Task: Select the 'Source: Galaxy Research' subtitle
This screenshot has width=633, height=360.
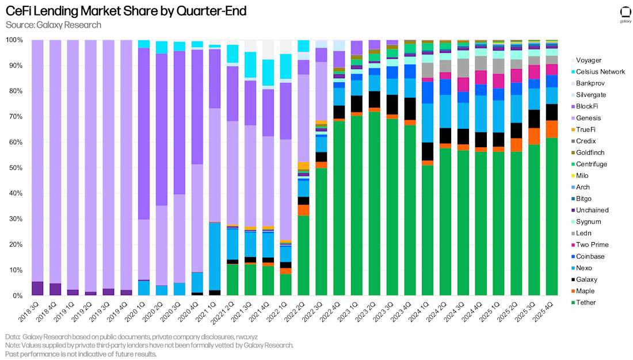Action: point(54,25)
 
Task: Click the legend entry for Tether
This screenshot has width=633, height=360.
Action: point(586,302)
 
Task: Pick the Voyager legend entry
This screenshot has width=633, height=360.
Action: point(588,60)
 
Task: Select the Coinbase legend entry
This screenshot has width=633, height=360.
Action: point(590,256)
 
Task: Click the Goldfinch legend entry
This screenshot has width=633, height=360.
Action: point(589,152)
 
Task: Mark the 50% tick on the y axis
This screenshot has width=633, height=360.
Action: point(14,168)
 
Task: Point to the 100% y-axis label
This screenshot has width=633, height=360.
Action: point(13,40)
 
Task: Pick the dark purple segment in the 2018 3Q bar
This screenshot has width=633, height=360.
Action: point(37,289)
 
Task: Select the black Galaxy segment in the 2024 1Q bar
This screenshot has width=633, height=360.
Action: point(428,151)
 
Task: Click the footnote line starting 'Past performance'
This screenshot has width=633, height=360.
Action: point(81,354)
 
